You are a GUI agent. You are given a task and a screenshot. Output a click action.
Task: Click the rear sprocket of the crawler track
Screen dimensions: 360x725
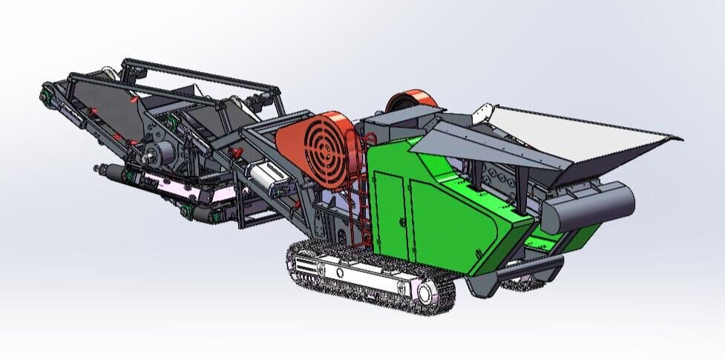[304, 264]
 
